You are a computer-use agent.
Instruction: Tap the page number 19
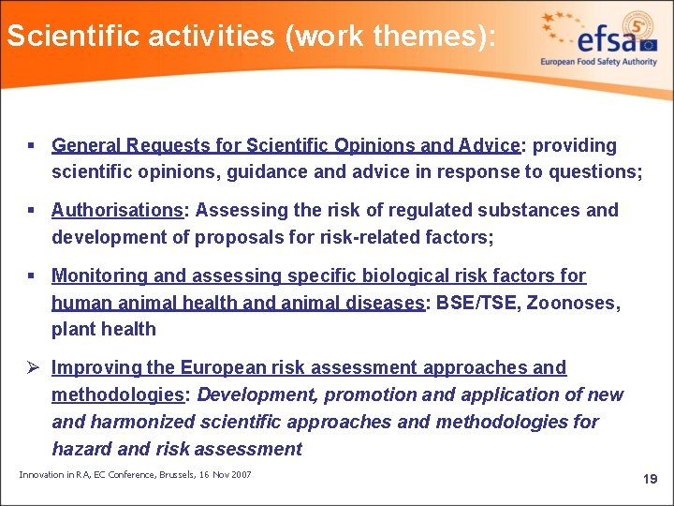coord(650,480)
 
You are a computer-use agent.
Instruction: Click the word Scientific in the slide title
coord(63,37)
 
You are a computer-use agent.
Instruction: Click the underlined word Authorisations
coord(117,210)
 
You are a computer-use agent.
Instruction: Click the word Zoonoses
coord(575,303)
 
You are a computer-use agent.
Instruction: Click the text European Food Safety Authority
coord(598,62)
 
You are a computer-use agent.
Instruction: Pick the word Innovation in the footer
coord(42,475)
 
